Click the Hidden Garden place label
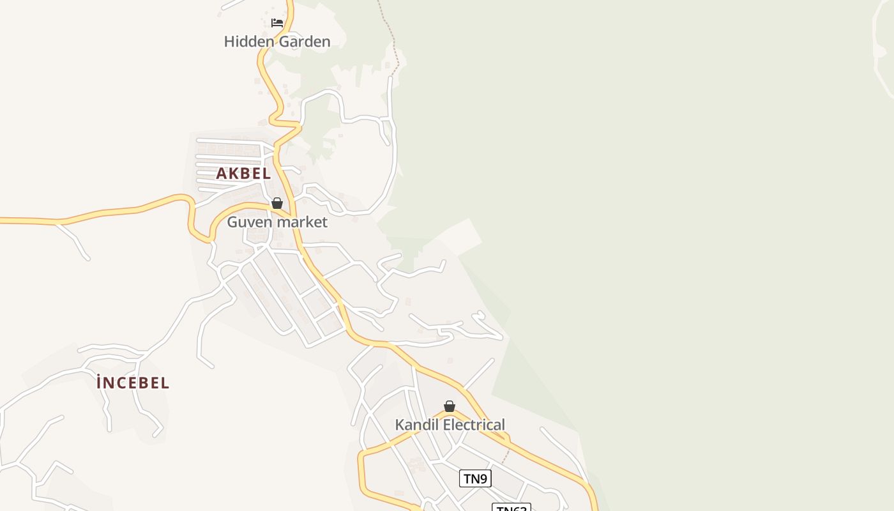point(277,42)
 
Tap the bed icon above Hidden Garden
point(277,23)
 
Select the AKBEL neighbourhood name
point(243,173)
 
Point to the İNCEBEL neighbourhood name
point(133,383)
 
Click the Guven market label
point(277,222)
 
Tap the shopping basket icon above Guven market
point(277,204)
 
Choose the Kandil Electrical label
point(450,425)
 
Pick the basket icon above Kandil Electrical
point(450,406)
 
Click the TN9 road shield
point(475,478)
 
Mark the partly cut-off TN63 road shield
point(511,507)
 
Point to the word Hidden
point(246,42)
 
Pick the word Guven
point(246,222)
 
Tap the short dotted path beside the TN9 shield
point(506,456)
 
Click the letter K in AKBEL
point(234,173)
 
